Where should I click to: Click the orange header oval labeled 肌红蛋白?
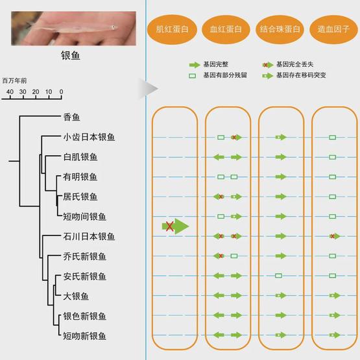point(172,29)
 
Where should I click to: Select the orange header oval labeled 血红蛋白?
point(226,29)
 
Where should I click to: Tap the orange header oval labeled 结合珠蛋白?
point(280,29)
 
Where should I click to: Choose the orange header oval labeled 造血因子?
point(333,29)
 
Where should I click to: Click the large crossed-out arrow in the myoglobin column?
point(175,226)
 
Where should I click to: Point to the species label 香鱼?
point(71,117)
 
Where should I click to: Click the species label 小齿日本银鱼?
point(89,137)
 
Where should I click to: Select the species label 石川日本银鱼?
point(89,236)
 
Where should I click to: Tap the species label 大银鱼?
point(76,296)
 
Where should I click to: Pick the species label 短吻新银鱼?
point(85,336)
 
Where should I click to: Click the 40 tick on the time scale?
point(10,92)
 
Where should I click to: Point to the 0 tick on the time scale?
point(62,92)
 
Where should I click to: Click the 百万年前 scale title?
point(14,80)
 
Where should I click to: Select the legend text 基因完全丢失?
point(294,64)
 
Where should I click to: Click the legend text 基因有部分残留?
point(225,75)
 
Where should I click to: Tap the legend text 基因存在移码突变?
point(301,75)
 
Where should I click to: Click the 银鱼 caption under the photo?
point(71,56)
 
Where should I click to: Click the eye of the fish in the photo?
point(113,27)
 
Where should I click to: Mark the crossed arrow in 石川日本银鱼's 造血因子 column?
point(335,236)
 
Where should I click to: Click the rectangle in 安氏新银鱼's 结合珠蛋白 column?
point(278,276)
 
